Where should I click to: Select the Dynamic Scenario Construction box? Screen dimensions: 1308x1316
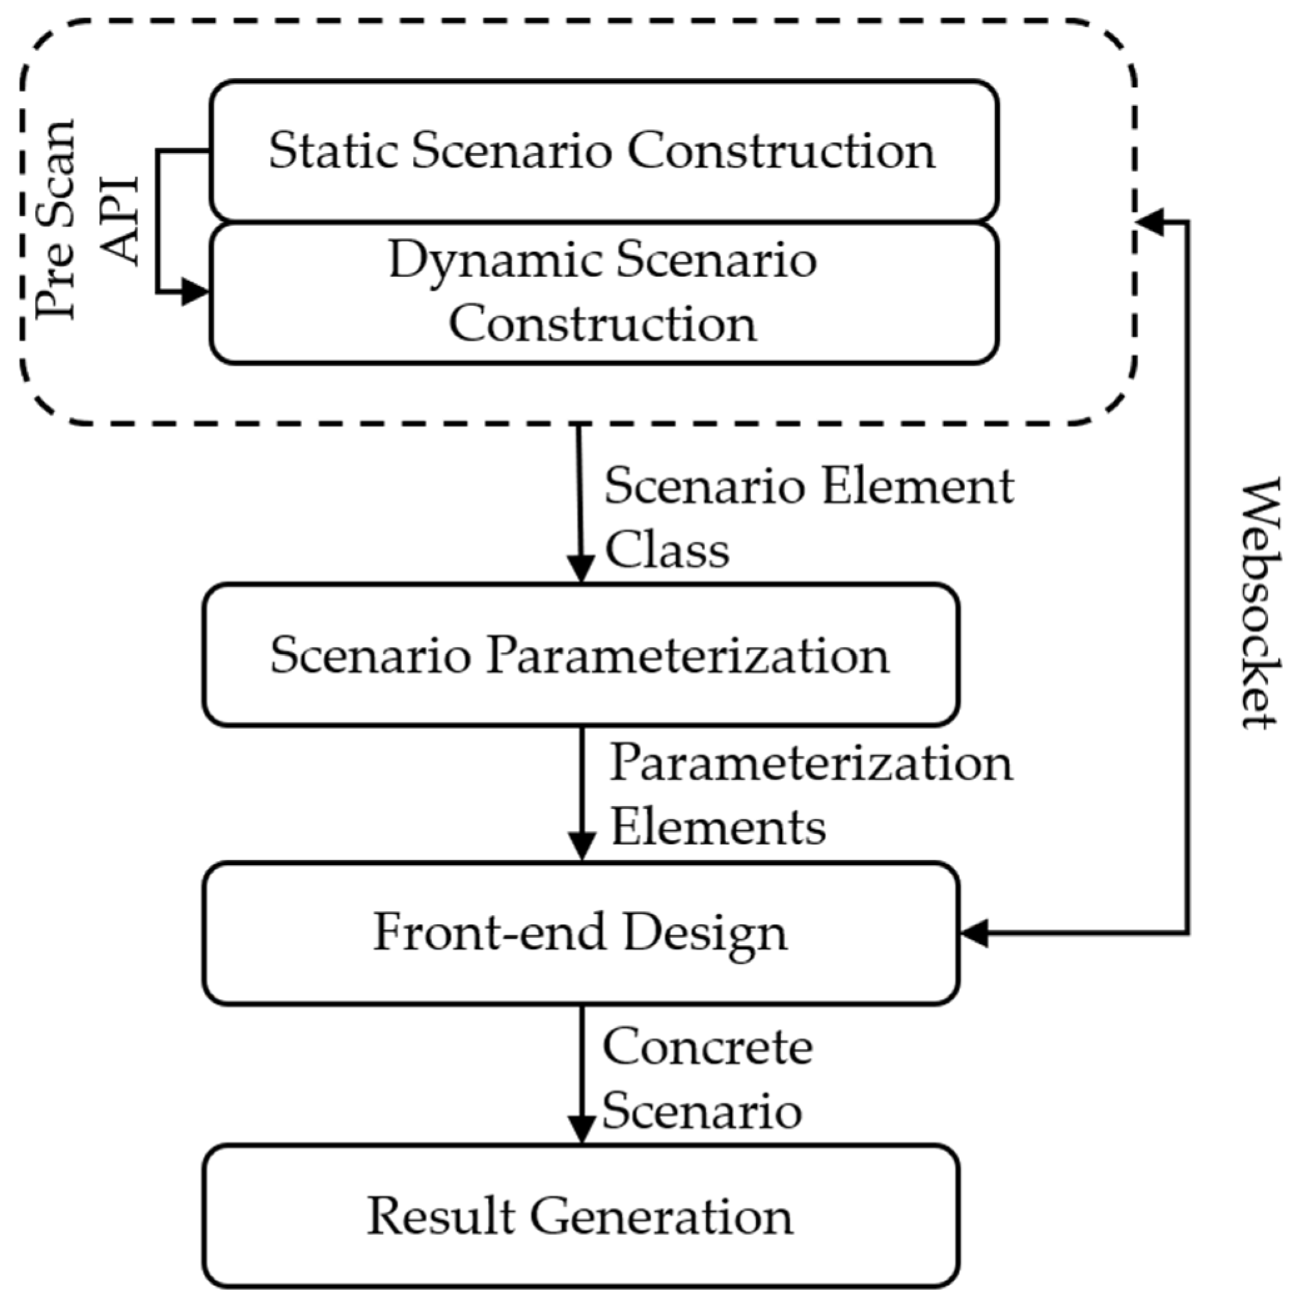(603, 293)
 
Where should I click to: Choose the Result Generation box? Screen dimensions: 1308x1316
(580, 1216)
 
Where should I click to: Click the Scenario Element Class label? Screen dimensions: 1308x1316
(807, 518)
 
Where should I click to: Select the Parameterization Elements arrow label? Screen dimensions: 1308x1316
(811, 794)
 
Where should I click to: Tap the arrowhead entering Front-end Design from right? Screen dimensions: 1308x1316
(974, 933)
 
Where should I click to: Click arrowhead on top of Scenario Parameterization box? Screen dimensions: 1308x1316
(580, 569)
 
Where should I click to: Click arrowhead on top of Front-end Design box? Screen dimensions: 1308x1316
(581, 848)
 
